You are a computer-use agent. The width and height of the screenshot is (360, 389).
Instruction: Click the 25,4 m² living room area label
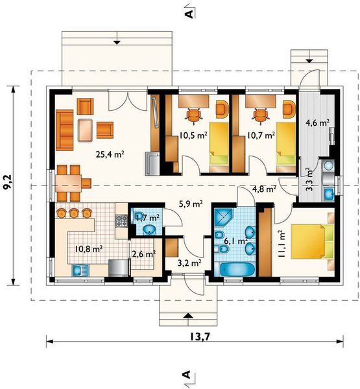(110, 154)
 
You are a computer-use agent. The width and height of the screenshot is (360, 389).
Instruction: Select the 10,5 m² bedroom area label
(193, 136)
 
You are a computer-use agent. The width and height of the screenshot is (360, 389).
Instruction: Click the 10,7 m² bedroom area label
(261, 136)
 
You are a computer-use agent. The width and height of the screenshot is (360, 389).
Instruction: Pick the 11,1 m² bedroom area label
(282, 244)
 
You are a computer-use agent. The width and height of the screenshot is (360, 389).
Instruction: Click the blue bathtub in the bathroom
(237, 270)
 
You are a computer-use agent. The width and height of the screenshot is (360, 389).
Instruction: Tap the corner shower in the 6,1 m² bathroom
(224, 217)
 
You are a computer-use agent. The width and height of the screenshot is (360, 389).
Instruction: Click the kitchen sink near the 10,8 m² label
(80, 270)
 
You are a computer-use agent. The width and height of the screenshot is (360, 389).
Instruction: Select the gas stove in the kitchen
(122, 221)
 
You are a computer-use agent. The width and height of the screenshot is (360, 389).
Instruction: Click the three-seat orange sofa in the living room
(65, 130)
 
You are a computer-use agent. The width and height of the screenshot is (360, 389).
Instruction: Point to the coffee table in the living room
(85, 130)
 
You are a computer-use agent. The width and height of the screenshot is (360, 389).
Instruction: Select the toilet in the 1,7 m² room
(149, 230)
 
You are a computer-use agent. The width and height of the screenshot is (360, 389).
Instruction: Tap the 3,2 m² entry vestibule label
(189, 263)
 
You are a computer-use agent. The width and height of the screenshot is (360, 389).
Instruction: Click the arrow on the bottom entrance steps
(188, 315)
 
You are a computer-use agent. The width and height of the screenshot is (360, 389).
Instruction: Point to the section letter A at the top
(189, 14)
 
